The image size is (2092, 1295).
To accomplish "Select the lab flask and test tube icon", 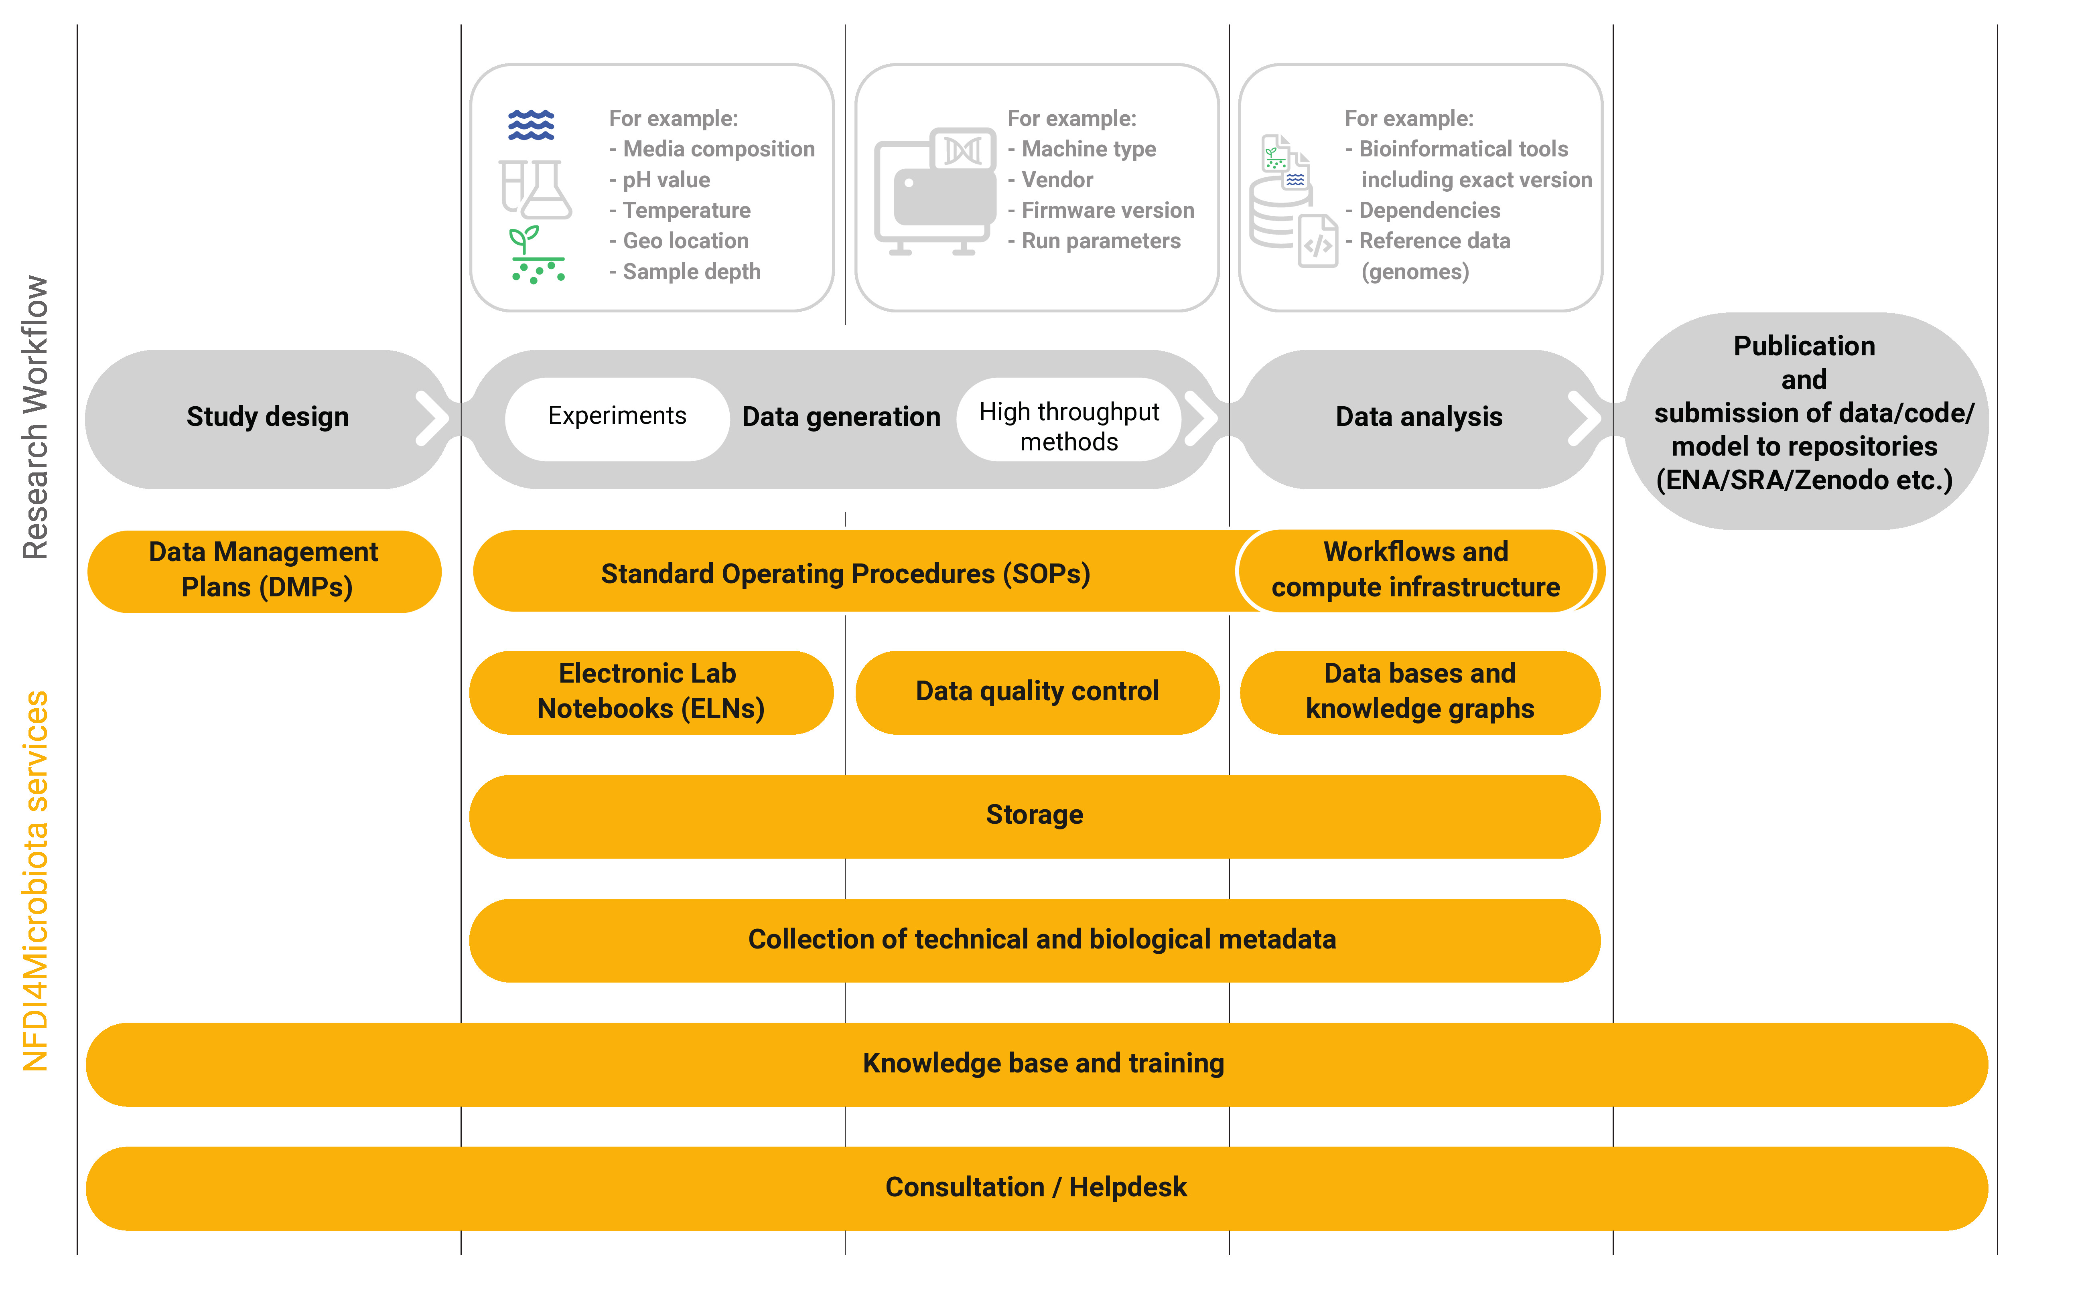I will pyautogui.click(x=536, y=188).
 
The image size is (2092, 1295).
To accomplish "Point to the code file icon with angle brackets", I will pyautogui.click(x=1317, y=242).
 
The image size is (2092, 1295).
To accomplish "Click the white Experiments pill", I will pyautogui.click(x=617, y=416).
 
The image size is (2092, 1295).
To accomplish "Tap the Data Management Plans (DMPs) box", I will pyautogui.click(x=264, y=570).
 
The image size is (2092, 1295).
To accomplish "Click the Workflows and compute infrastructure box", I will pyautogui.click(x=1415, y=570).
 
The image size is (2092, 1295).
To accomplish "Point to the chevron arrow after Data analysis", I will pyautogui.click(x=1584, y=419).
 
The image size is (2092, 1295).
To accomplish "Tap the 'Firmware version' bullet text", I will pyautogui.click(x=1107, y=211).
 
